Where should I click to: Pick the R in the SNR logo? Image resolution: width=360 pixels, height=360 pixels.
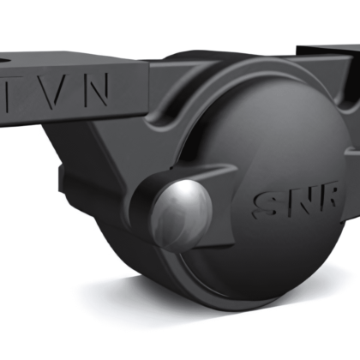pos(327,195)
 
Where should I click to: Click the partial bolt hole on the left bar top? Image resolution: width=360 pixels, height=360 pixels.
pos(4,61)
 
